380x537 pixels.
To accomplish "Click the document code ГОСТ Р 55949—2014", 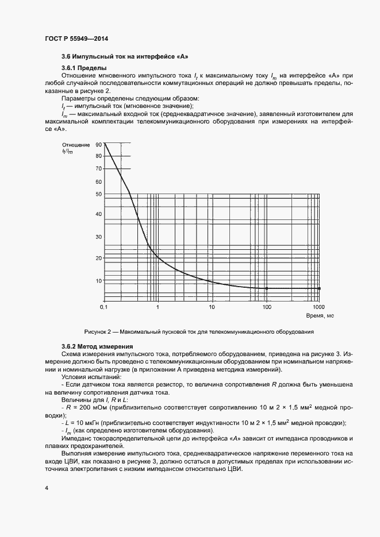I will click(76, 38).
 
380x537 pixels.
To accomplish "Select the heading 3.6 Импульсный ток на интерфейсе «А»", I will click(125, 57).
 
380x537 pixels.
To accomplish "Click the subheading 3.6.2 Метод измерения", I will click(97, 346).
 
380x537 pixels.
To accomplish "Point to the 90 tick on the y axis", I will click(98, 145).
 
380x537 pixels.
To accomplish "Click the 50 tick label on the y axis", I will click(98, 195).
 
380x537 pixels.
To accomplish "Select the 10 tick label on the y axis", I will click(98, 281).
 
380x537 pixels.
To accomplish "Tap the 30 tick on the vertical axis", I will click(98, 237).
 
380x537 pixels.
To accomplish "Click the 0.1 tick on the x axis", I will click(104, 308).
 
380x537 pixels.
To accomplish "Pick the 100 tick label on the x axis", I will click(267, 308).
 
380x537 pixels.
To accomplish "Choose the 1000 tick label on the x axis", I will click(319, 308).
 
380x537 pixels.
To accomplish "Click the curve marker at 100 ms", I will click(267, 288).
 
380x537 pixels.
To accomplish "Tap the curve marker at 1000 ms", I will click(320, 288).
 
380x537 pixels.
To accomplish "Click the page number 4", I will click(46, 488).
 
